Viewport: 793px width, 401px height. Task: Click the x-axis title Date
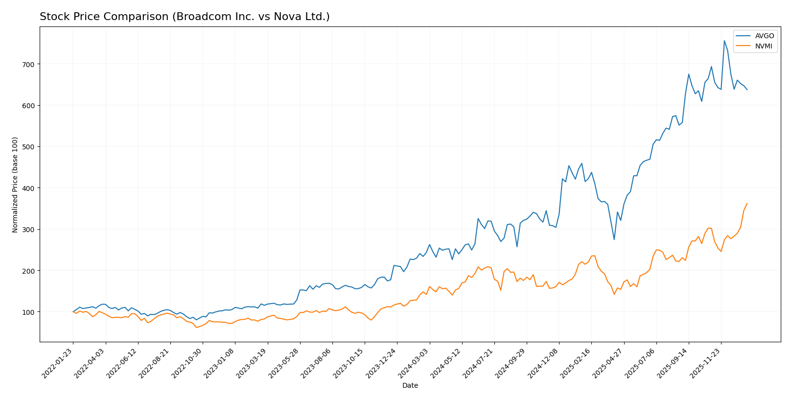410,386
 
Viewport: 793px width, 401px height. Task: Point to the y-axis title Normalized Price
15,185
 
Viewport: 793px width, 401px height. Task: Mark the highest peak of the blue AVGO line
724,41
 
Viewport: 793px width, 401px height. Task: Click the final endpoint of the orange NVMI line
747,204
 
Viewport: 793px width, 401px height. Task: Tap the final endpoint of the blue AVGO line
747,90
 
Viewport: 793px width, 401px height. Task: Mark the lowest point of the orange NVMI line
196,327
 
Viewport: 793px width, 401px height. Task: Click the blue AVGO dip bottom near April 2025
614,239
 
